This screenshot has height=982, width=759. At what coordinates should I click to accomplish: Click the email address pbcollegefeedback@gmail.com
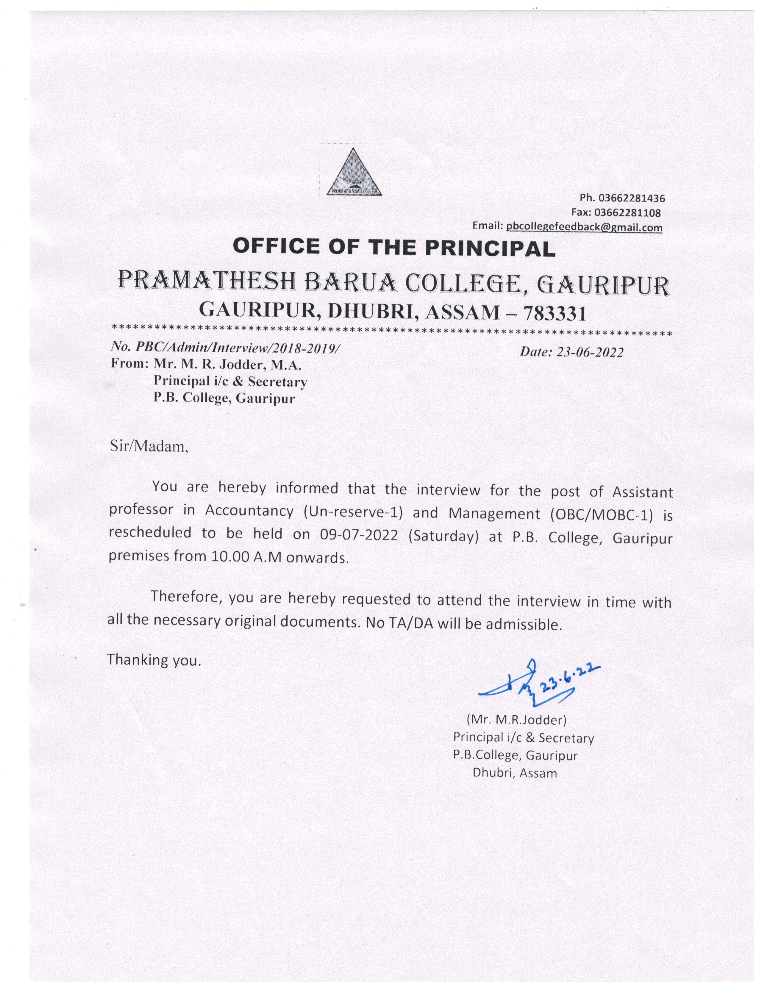(584, 228)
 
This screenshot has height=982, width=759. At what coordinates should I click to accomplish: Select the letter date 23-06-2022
(589, 353)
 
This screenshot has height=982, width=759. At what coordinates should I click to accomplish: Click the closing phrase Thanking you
(153, 661)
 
